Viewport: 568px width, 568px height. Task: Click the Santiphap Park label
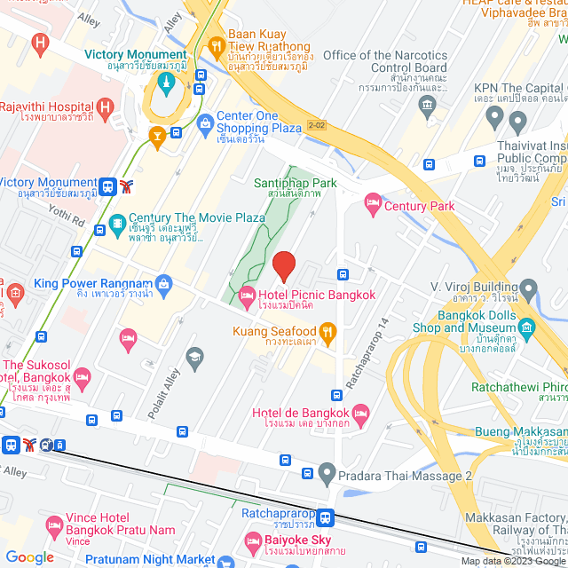coord(296,183)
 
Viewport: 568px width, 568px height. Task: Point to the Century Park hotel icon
coord(373,206)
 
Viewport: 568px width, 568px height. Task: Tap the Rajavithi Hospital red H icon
coord(106,110)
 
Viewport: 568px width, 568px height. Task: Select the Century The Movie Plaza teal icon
coord(116,224)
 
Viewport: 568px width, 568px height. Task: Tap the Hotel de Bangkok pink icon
coord(360,414)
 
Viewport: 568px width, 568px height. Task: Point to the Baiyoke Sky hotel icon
coord(250,540)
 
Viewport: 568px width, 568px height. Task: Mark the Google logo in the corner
coord(30,556)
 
